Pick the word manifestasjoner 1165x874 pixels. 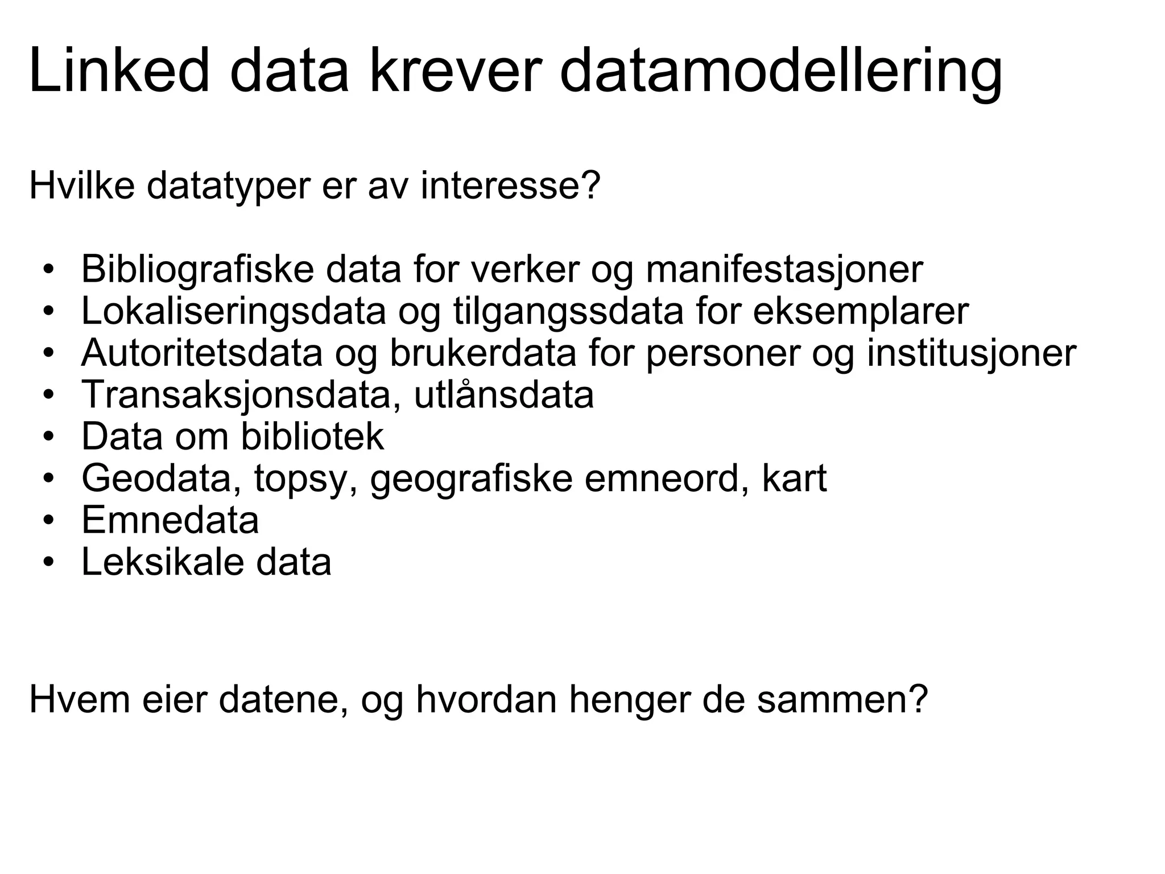point(784,269)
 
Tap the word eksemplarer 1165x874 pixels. point(861,311)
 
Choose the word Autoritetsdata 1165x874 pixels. point(202,353)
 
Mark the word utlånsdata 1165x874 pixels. point(503,394)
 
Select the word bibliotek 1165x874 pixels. point(312,436)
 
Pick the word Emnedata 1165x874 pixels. point(170,520)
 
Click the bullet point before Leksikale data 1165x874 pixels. point(49,562)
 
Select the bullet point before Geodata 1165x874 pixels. point(49,479)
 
